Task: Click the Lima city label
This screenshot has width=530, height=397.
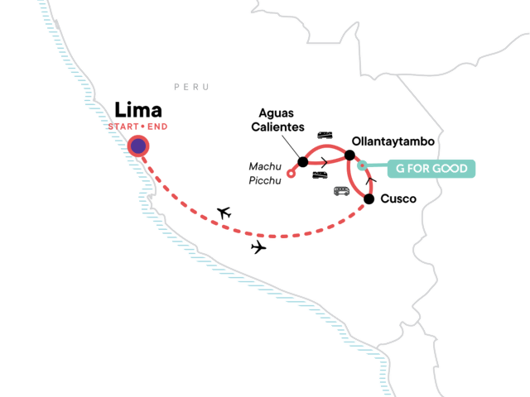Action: point(137,110)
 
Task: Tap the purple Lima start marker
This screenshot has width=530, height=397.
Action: point(138,146)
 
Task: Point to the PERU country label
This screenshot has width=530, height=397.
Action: point(191,87)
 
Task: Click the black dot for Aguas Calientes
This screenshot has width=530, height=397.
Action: point(302,162)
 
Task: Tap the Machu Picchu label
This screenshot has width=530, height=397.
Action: point(265,174)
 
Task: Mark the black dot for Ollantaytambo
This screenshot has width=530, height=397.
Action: point(349,155)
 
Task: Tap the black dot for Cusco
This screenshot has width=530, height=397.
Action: point(369,198)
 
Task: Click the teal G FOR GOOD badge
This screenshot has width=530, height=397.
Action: point(431,169)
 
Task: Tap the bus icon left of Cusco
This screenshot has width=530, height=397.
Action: point(340,192)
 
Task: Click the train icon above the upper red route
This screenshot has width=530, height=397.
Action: point(326,136)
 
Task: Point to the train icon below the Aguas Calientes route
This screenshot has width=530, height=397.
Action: point(320,175)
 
